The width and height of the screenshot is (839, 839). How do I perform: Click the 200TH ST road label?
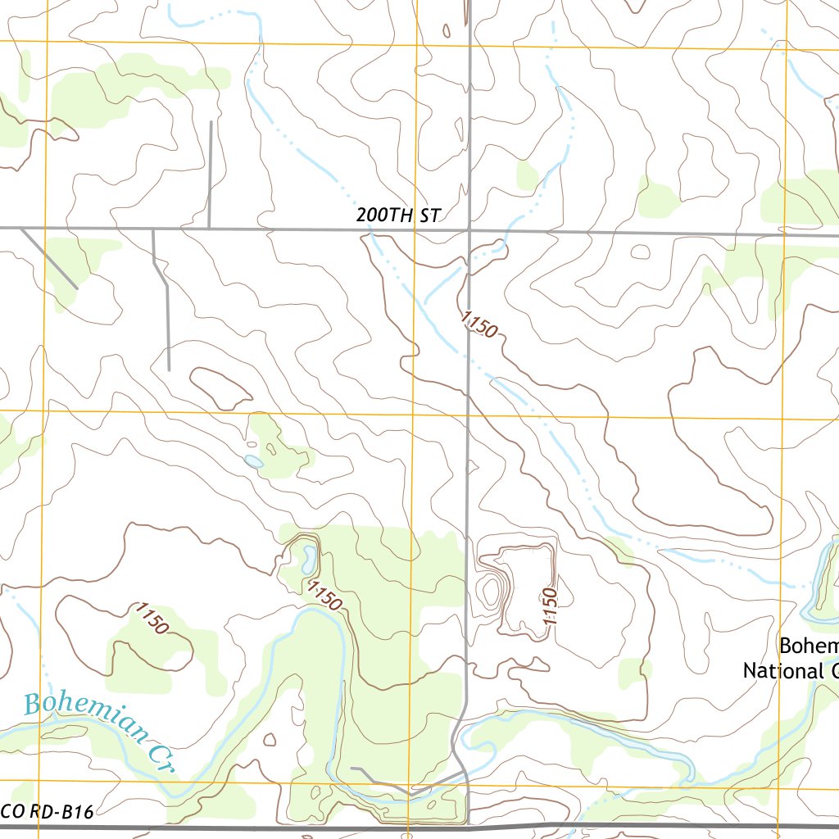398,216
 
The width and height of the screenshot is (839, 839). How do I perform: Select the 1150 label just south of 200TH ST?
479,324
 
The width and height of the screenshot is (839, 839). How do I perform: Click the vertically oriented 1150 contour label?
549,607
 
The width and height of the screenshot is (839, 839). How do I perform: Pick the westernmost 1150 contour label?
152,618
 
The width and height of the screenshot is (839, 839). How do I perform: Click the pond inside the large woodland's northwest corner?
308,560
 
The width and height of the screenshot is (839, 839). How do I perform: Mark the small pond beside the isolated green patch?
254,462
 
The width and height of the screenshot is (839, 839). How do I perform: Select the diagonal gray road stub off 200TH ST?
49,258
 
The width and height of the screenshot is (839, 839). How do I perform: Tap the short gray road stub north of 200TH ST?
211,174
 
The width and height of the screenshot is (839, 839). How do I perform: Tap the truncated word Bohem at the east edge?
808,646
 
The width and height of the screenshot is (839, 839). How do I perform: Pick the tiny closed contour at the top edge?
447,31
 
